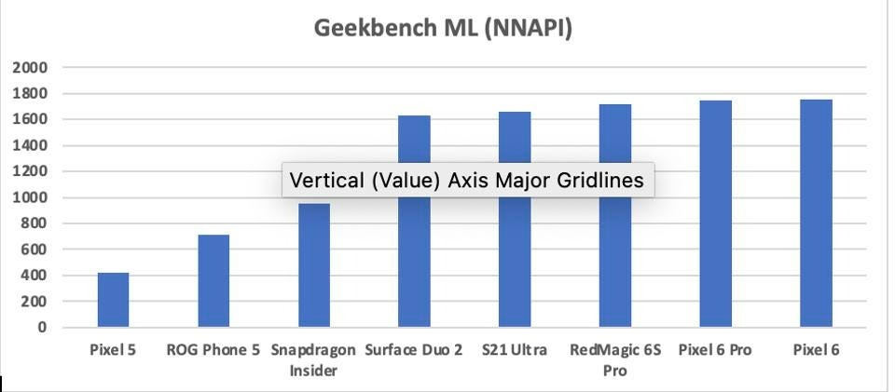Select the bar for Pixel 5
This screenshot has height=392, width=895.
tap(113, 300)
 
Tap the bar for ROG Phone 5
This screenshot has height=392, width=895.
tap(213, 281)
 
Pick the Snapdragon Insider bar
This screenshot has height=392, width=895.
tap(313, 265)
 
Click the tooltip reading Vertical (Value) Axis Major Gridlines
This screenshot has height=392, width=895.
tap(467, 181)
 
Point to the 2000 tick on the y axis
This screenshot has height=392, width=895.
tap(29, 68)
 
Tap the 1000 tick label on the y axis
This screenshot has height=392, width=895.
tap(29, 198)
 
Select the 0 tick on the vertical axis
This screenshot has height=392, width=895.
tap(42, 328)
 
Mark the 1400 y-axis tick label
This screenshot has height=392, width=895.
tap(29, 146)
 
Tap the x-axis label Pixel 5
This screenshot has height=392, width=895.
tap(113, 351)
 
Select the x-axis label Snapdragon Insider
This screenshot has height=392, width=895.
tap(313, 360)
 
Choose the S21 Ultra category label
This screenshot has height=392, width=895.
tap(514, 351)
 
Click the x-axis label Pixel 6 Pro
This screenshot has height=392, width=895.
tap(715, 351)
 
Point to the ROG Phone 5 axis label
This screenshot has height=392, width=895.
tap(213, 351)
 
